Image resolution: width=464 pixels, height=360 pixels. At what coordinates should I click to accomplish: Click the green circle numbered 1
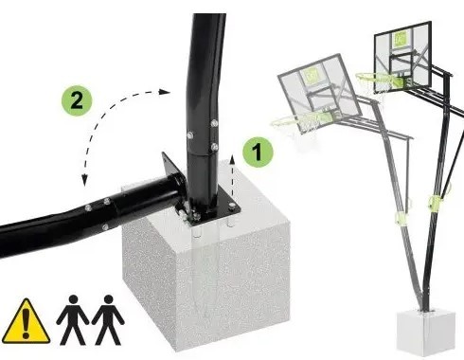[x=258, y=153]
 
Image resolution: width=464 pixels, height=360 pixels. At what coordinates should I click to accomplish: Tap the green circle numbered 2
[x=77, y=100]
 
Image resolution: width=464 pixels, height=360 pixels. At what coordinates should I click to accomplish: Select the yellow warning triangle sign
[x=26, y=321]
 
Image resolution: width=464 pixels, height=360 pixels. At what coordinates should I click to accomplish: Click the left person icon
[x=73, y=319]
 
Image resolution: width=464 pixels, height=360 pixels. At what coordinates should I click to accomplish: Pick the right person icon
[x=108, y=319]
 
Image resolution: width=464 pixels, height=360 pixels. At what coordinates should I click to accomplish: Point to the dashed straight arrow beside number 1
[x=232, y=179]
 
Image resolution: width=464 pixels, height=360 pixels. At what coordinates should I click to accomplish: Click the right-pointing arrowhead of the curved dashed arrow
[x=165, y=92]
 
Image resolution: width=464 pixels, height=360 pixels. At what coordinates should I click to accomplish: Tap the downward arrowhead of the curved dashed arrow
[x=84, y=180]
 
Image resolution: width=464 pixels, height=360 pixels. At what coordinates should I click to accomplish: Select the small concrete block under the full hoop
[x=426, y=332]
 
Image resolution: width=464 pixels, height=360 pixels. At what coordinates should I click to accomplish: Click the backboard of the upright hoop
[x=402, y=57]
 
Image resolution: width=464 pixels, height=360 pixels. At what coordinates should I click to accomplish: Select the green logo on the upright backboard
[x=400, y=39]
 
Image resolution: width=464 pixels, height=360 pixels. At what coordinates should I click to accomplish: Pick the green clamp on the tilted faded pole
[x=401, y=218]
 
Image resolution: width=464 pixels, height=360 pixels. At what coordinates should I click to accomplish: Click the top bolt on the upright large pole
[x=215, y=122]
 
